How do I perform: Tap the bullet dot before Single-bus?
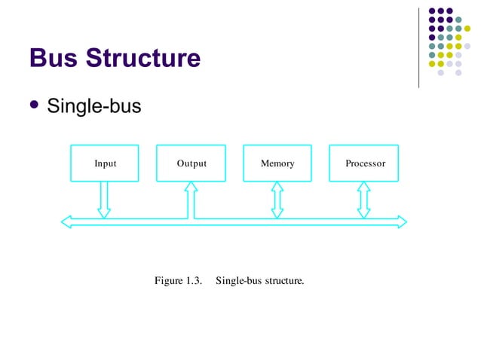pos(34,106)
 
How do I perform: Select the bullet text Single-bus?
pos(94,107)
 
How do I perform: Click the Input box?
pos(105,163)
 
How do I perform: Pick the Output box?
pos(191,163)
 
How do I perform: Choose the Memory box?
pos(277,163)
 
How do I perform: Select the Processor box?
pos(365,163)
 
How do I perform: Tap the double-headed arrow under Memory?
pos(277,199)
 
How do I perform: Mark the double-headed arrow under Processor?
pos(364,199)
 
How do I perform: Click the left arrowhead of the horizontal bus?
pos(66,221)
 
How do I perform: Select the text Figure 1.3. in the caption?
pos(179,281)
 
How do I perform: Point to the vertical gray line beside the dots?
pos(418,47)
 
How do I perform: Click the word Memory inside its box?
pos(277,163)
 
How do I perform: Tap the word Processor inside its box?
pos(365,163)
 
